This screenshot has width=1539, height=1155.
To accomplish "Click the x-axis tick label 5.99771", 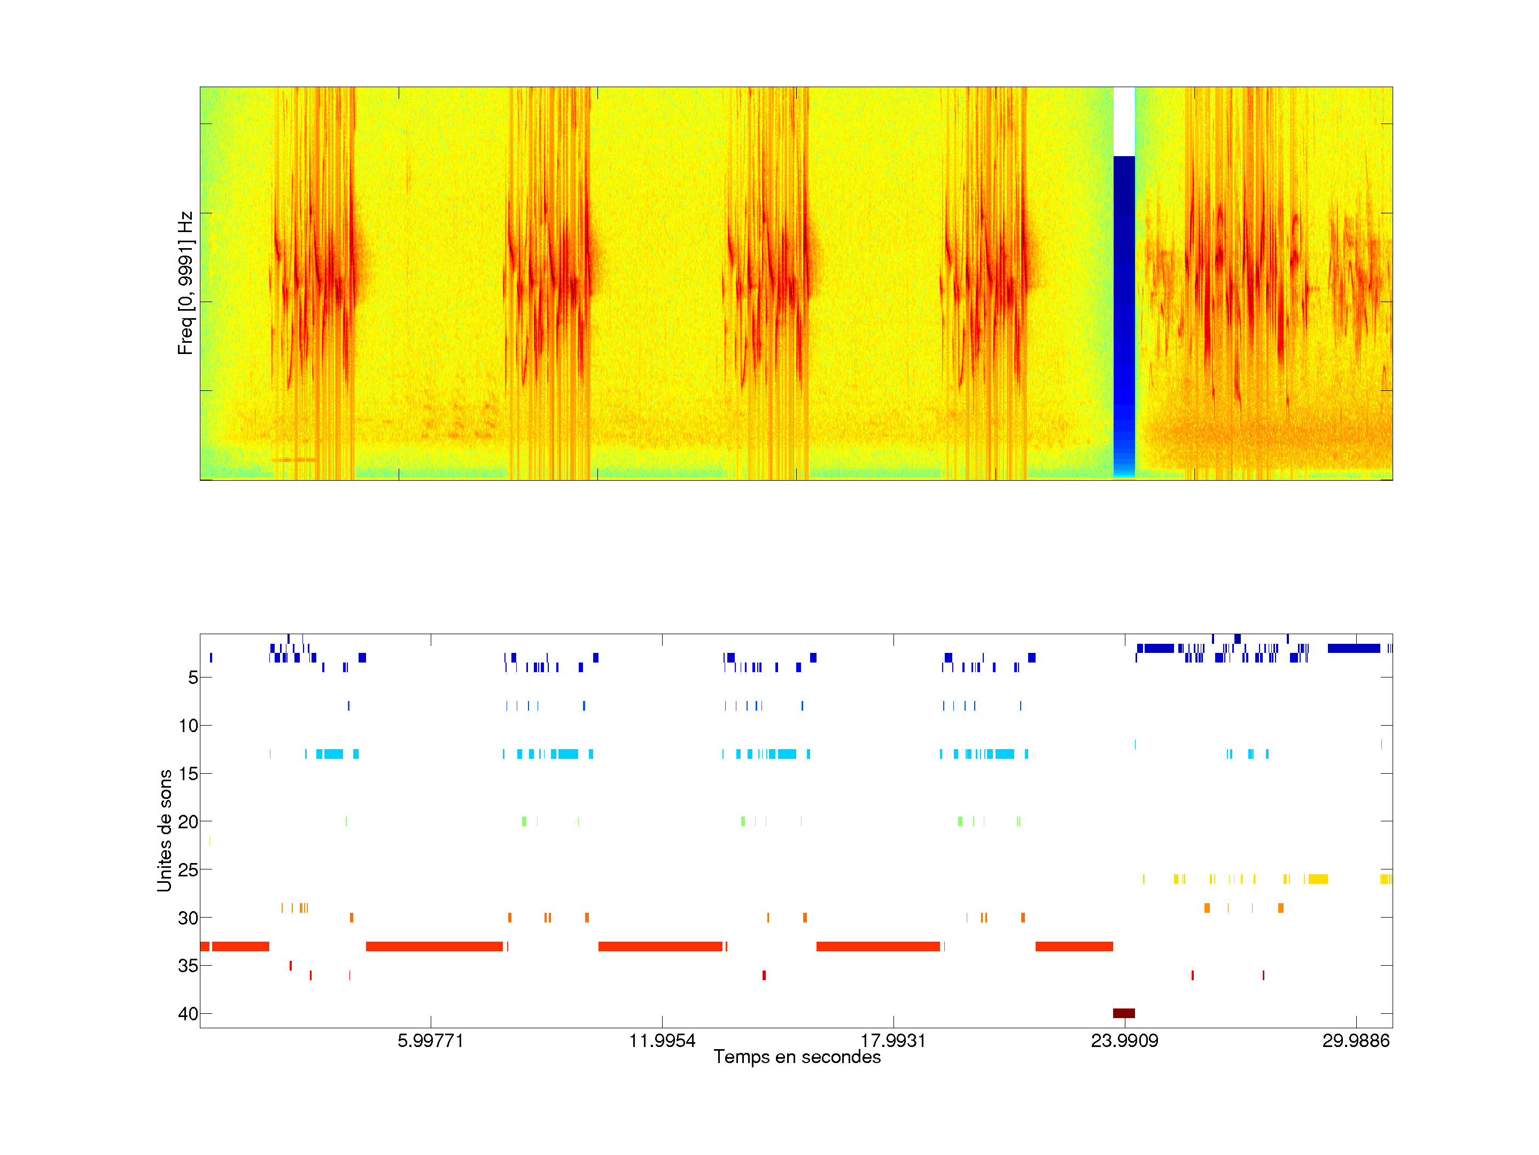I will click(430, 1041).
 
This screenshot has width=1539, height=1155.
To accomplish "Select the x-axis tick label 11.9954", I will click(662, 1041).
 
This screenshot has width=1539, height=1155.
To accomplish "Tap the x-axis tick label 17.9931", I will click(893, 1041).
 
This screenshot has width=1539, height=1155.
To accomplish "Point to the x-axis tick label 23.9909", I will click(1124, 1041).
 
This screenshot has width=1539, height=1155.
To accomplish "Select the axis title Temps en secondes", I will click(797, 1058).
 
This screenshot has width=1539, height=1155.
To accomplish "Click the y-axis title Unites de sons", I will click(164, 830).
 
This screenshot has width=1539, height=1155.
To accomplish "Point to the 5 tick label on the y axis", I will click(193, 677).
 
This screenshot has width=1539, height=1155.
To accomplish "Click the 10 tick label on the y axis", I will click(188, 726).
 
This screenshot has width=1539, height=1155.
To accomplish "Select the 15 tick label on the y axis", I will click(188, 774).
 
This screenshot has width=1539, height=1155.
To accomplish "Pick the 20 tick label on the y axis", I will click(188, 821).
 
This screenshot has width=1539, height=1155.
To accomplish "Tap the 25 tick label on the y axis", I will click(188, 869).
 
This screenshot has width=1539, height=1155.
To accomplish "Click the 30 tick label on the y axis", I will click(188, 918).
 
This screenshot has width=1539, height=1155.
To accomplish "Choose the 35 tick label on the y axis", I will click(188, 966).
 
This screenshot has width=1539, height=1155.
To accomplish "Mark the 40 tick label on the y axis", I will click(188, 1014).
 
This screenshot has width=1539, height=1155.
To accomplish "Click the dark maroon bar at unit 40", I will click(1124, 1013).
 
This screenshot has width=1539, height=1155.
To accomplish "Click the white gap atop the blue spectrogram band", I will click(1124, 121).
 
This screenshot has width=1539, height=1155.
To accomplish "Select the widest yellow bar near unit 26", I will click(1318, 879).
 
